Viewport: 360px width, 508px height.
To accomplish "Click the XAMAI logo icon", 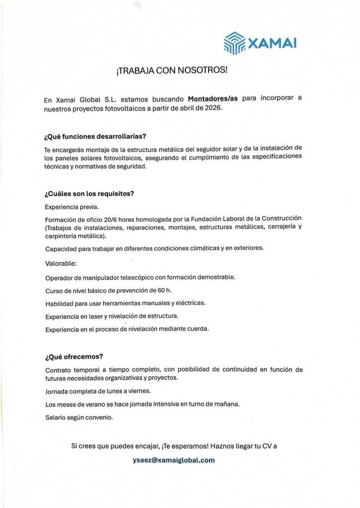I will (x=235, y=43).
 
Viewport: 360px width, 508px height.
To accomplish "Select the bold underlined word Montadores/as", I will (x=213, y=99).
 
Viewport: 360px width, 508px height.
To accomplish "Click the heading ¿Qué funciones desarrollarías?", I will (x=95, y=136).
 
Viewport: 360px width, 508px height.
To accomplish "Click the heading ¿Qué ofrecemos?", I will (x=74, y=357).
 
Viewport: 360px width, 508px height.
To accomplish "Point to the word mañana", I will (x=228, y=404).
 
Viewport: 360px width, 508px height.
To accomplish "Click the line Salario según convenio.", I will (x=79, y=417).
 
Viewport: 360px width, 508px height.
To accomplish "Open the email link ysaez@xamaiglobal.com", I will (x=174, y=460).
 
